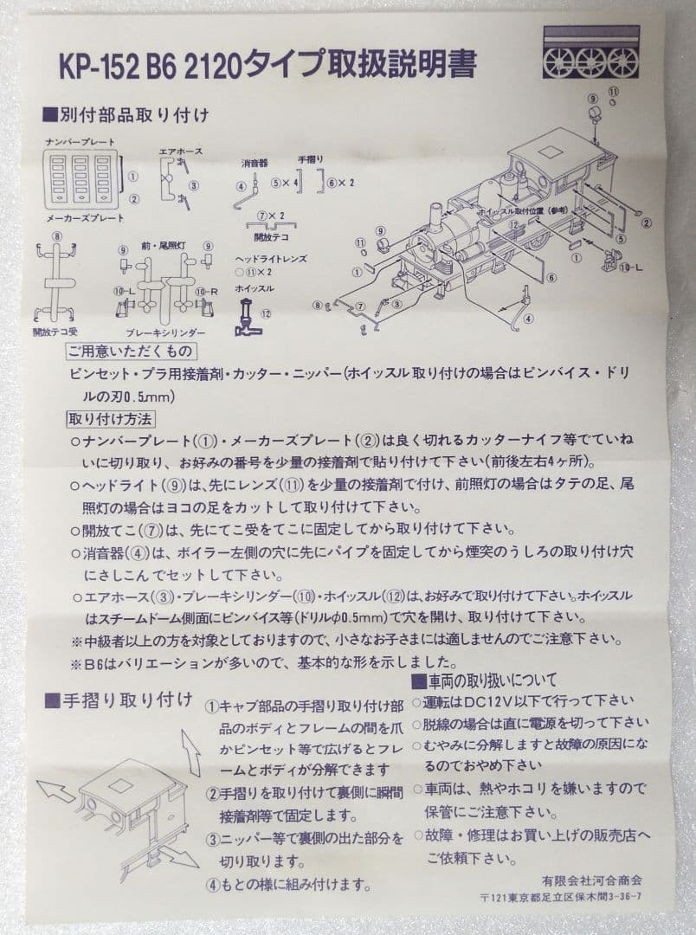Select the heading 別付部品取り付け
click(136, 113)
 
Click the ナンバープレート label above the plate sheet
click(80, 141)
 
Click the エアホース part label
click(180, 151)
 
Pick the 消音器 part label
click(255, 163)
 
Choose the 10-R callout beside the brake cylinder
click(205, 293)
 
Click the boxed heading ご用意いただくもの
click(130, 351)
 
